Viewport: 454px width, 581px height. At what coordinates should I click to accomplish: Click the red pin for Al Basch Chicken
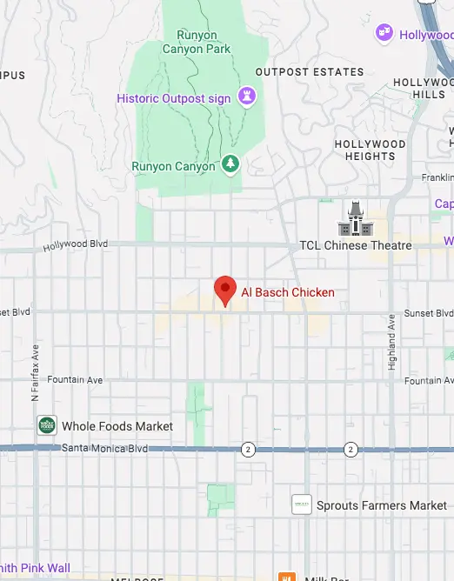pyautogui.click(x=226, y=290)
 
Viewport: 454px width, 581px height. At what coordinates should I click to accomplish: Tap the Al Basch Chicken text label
pyautogui.click(x=288, y=293)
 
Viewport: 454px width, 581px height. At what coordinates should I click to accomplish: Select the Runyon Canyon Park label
pyautogui.click(x=197, y=43)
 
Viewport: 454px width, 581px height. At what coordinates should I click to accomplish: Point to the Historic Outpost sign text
pyautogui.click(x=174, y=98)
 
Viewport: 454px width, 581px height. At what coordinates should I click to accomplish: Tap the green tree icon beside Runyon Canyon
pyautogui.click(x=230, y=164)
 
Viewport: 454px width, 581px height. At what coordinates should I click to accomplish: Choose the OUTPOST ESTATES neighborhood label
pyautogui.click(x=297, y=72)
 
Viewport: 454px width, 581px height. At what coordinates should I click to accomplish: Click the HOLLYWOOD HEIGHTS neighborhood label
pyautogui.click(x=371, y=150)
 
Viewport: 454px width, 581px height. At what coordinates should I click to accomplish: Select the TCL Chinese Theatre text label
pyautogui.click(x=355, y=245)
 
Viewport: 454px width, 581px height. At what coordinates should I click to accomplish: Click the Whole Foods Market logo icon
pyautogui.click(x=47, y=426)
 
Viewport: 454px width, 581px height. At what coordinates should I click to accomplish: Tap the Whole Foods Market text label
pyautogui.click(x=117, y=427)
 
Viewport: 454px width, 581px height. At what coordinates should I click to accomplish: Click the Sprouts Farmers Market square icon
pyautogui.click(x=301, y=504)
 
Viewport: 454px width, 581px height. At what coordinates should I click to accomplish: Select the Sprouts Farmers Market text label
pyautogui.click(x=382, y=505)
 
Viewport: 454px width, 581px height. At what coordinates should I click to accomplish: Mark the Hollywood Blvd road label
pyautogui.click(x=76, y=247)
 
